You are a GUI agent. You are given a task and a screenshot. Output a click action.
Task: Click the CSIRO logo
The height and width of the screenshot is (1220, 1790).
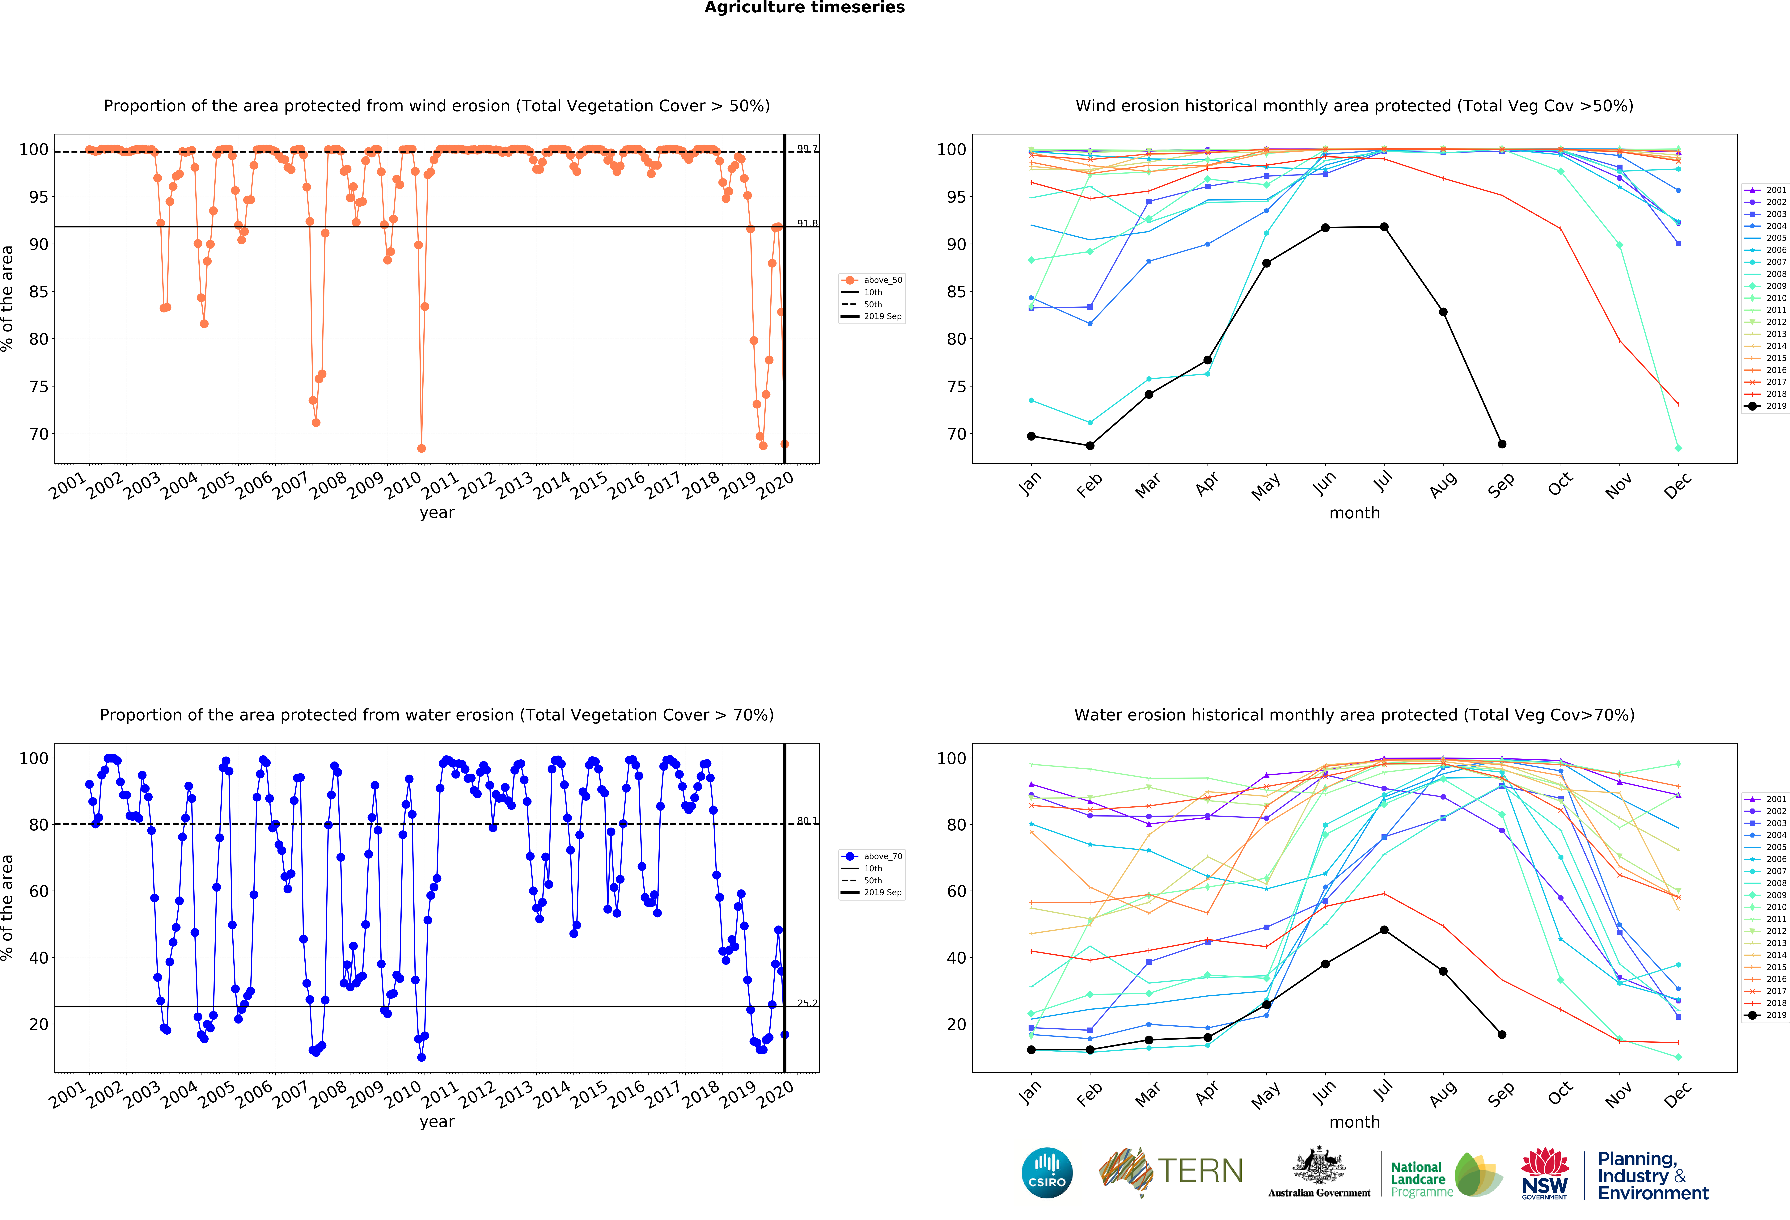(x=1047, y=1172)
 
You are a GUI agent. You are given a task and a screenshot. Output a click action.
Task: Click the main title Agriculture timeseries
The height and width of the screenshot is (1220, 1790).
(x=804, y=8)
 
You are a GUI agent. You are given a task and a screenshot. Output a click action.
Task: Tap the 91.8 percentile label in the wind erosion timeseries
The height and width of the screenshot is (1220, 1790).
(x=806, y=223)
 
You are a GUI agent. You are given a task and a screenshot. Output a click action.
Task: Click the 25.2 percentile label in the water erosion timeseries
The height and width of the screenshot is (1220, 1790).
(x=806, y=1003)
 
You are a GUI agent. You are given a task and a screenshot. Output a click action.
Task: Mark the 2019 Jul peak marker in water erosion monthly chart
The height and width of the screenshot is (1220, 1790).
(x=1384, y=930)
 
